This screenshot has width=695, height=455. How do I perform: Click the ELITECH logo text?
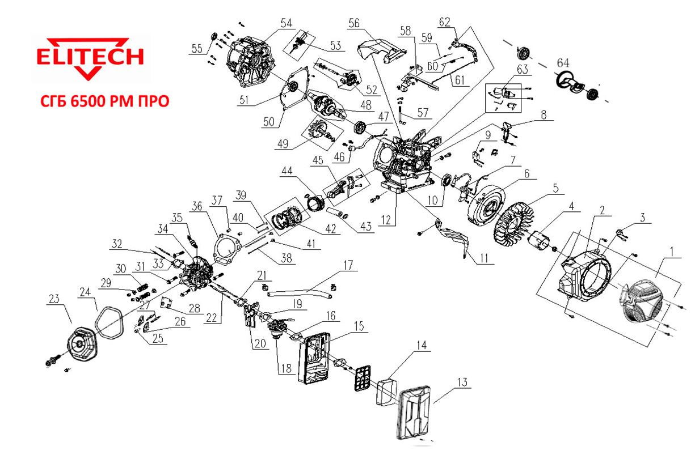coord(90,57)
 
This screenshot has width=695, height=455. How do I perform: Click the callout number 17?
coord(347,265)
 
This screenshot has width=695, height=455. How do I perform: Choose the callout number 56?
coord(354,23)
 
